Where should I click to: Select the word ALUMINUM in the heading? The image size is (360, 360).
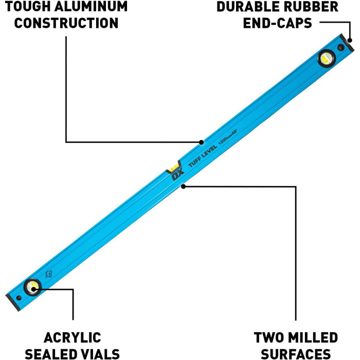pos(92,7)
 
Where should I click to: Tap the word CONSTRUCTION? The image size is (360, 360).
pos(66,23)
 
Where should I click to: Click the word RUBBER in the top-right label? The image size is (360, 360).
pos(313,7)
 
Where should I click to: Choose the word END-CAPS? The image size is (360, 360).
pos(278,23)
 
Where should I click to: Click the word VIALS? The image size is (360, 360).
pos(100,354)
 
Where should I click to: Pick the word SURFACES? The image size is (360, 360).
pos(296,354)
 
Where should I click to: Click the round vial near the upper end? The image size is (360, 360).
pos(326,59)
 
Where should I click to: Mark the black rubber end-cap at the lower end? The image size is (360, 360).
pos(10,300)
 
